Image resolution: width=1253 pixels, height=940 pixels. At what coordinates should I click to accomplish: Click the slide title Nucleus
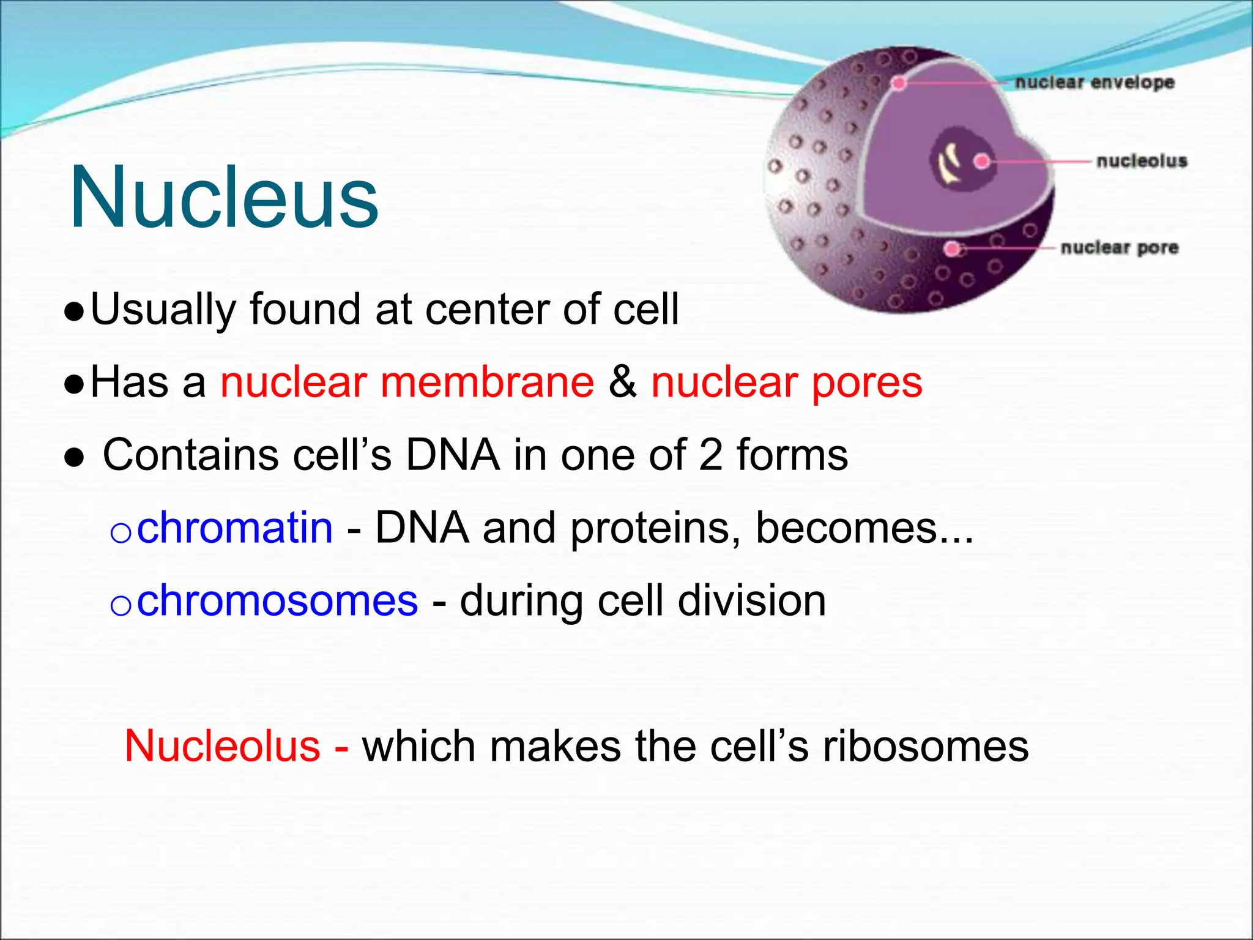coord(224,197)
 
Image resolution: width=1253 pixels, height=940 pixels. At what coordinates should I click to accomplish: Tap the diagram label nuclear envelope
coord(1095,82)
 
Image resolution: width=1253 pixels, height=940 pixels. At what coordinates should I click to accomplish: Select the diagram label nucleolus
coord(1142,161)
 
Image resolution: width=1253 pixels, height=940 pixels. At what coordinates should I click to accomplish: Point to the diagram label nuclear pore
coord(1119,247)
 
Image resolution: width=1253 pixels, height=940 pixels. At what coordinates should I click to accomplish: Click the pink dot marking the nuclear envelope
coord(899,83)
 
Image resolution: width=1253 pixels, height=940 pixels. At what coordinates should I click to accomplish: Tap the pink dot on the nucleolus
coord(982,161)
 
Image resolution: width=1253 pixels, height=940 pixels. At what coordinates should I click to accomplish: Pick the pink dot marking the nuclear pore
coord(952,248)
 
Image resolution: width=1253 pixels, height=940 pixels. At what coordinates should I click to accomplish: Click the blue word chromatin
coord(235,528)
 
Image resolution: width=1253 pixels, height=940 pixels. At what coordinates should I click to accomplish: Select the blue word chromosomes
coord(277,600)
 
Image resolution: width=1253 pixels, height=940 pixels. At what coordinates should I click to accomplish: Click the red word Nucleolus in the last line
coord(223,746)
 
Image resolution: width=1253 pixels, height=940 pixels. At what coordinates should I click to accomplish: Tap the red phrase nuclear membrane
coord(407,382)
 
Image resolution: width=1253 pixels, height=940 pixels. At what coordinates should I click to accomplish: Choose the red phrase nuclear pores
coord(786,382)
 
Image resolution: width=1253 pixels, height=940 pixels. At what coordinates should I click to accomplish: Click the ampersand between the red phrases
coord(622,382)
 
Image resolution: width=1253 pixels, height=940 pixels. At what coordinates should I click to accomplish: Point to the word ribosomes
coord(925,746)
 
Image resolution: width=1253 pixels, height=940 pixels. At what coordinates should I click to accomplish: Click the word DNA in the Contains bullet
coord(453,455)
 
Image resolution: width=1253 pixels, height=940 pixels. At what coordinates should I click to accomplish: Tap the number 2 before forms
coord(710,455)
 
